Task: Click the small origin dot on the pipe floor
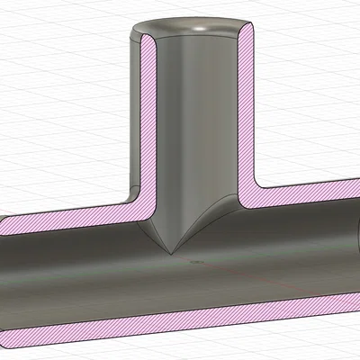[193, 262]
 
